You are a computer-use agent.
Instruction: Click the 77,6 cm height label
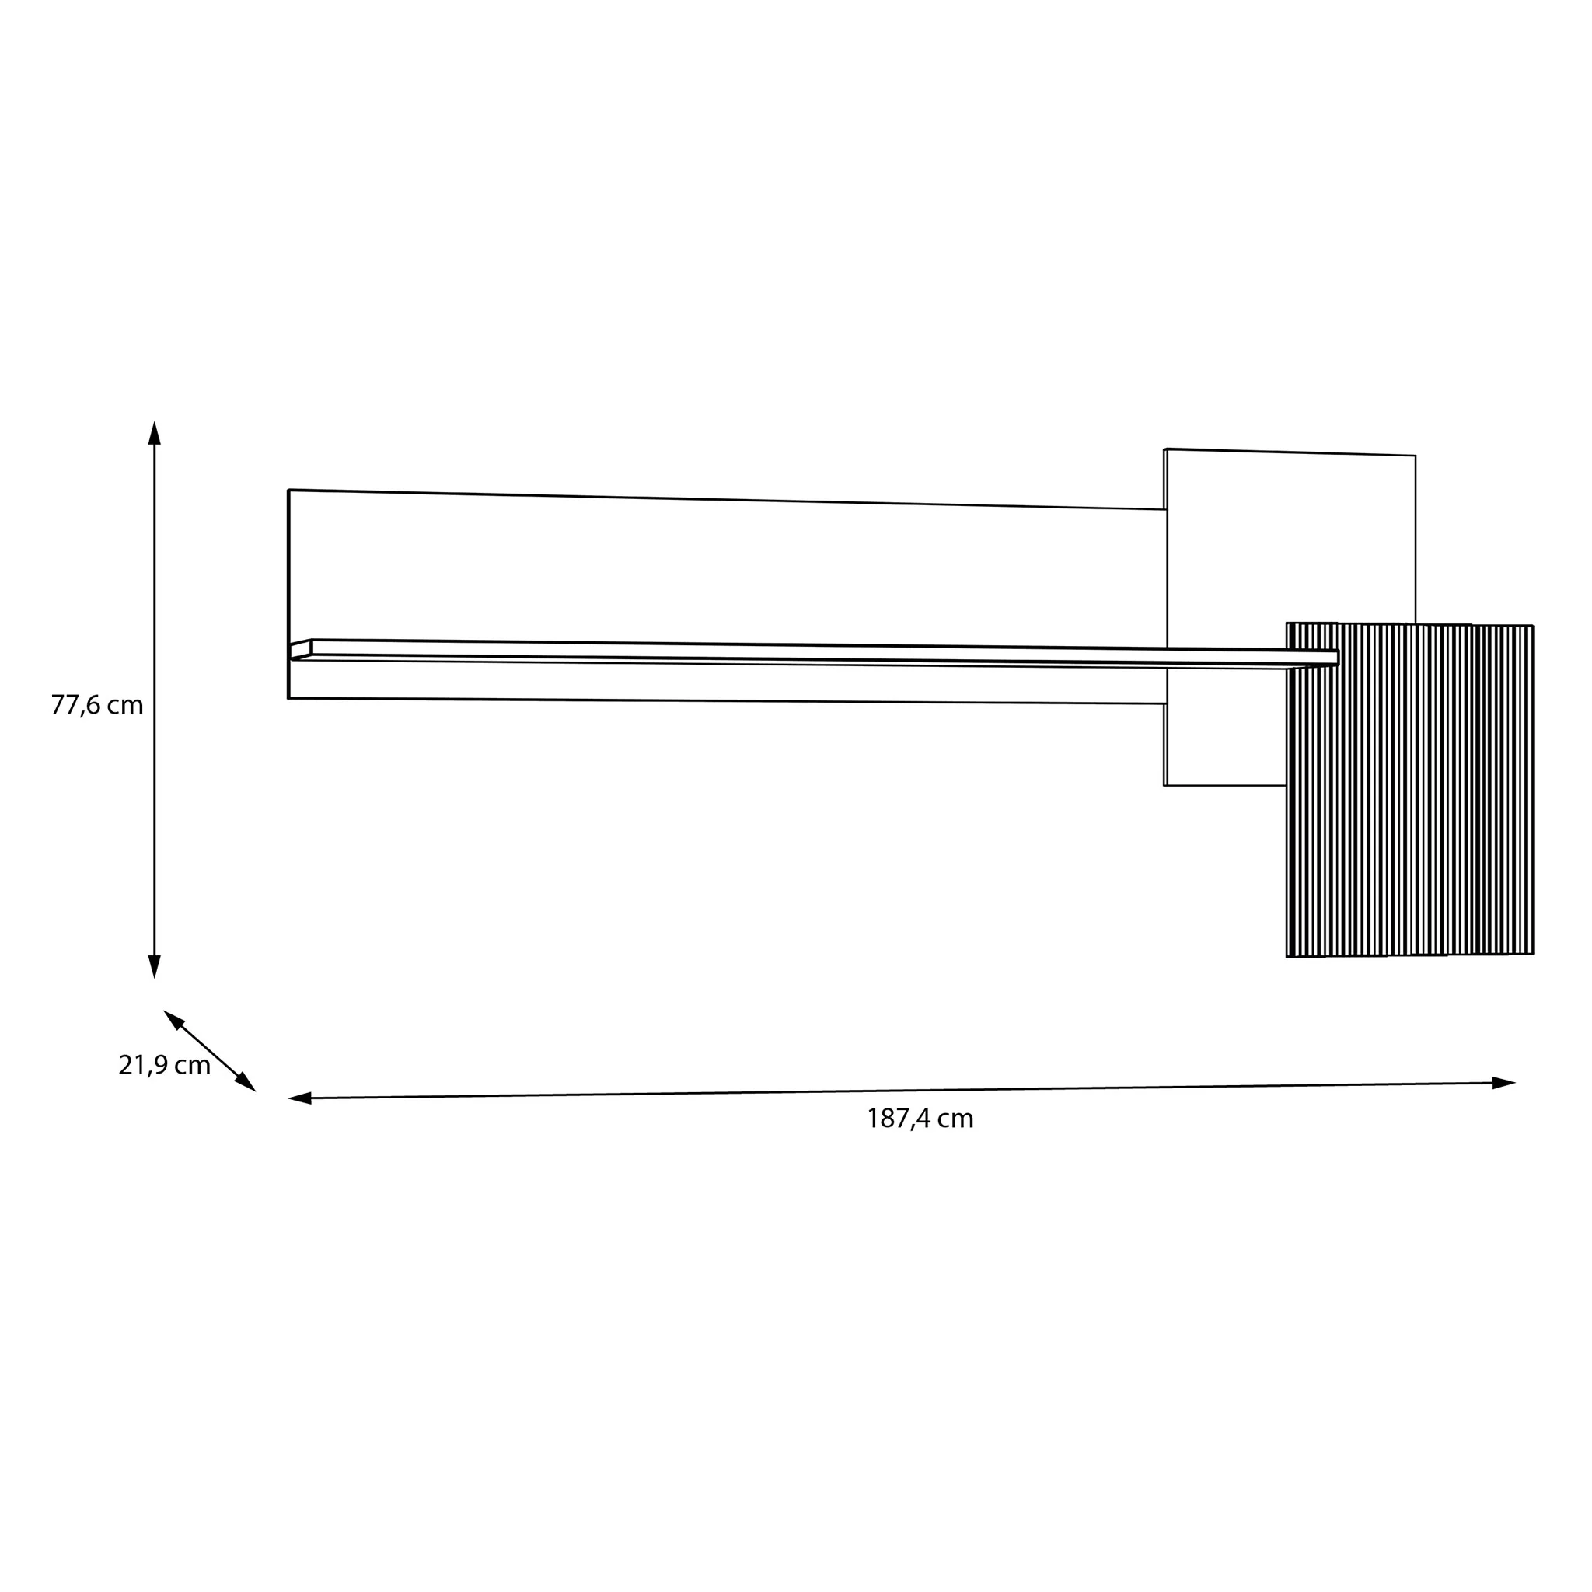(97, 705)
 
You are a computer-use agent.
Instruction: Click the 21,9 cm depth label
(164, 1066)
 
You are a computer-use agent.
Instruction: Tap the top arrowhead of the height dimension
(154, 434)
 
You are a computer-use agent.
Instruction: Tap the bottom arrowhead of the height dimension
(154, 966)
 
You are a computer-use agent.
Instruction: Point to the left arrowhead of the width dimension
(300, 1098)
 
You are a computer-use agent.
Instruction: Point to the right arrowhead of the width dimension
(1504, 1083)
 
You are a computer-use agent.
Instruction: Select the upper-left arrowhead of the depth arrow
(174, 1019)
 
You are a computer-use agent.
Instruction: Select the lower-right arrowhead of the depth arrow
(246, 1082)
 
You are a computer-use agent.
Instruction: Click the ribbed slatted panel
(1410, 790)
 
